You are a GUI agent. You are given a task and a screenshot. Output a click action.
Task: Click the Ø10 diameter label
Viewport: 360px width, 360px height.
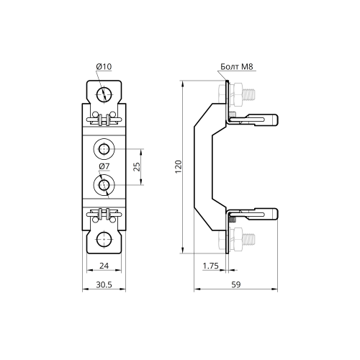tap(104, 66)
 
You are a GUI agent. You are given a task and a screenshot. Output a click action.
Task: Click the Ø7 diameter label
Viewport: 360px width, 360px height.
tap(104, 166)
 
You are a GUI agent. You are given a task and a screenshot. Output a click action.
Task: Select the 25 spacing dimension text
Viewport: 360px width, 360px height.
tap(137, 167)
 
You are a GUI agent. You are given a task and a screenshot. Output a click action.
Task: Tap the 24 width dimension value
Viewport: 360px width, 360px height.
tap(104, 266)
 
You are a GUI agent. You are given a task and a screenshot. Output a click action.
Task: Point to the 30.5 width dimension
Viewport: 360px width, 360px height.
tap(104, 284)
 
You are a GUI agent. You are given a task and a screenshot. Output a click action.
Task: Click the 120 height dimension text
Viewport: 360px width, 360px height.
tap(179, 167)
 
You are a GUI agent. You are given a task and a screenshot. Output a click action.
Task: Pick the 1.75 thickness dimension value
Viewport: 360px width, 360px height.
tap(210, 266)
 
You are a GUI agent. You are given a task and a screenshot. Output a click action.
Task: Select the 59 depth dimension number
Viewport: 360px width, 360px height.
tap(235, 284)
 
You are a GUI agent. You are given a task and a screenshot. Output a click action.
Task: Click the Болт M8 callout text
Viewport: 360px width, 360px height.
tap(237, 66)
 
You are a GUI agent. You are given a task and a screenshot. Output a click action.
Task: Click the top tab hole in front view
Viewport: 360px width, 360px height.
tap(104, 94)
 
